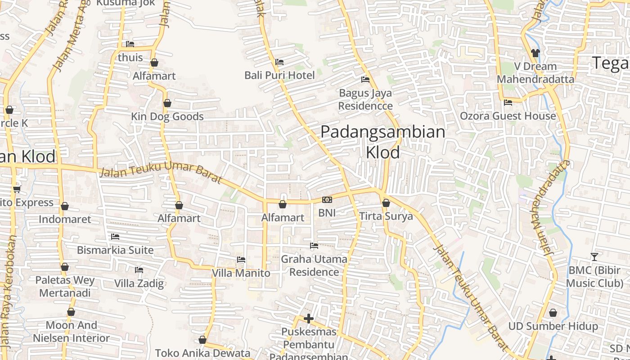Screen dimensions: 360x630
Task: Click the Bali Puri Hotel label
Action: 279,75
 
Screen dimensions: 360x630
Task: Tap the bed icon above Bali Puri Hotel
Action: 279,62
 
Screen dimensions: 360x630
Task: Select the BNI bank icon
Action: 327,200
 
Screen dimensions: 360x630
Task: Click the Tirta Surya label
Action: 386,216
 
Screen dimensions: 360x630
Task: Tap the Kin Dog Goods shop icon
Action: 167,103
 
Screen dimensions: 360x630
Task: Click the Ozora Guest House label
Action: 508,116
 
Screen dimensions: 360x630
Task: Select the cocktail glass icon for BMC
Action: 594,256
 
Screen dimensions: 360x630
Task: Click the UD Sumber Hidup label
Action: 553,326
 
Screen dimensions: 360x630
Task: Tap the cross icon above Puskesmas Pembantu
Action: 308,319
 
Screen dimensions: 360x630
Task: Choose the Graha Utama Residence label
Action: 314,265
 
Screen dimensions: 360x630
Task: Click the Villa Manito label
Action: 241,273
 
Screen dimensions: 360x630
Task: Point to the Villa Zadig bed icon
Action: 139,270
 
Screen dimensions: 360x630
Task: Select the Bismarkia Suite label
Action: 115,250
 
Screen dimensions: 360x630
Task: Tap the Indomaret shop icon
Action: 65,207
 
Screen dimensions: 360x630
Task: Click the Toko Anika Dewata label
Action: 202,353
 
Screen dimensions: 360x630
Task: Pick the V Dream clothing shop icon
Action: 535,53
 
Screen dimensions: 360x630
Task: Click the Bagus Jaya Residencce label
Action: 365,99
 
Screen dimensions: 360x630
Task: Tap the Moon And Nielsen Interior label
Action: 71,332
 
